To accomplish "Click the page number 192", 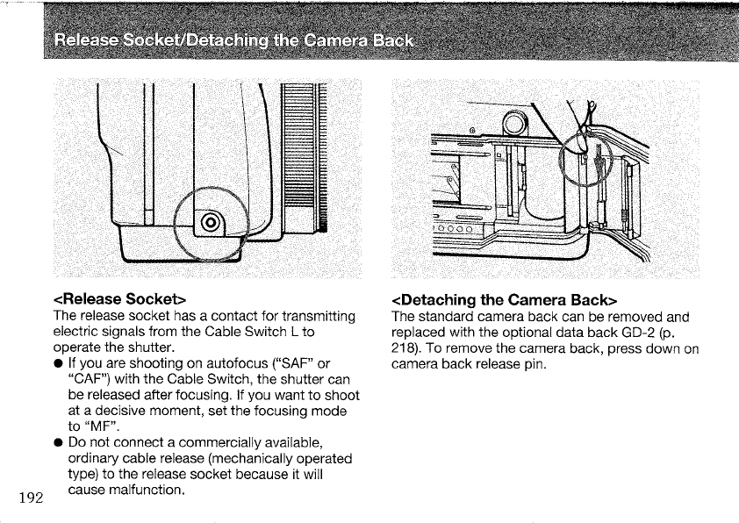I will coord(30,498).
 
